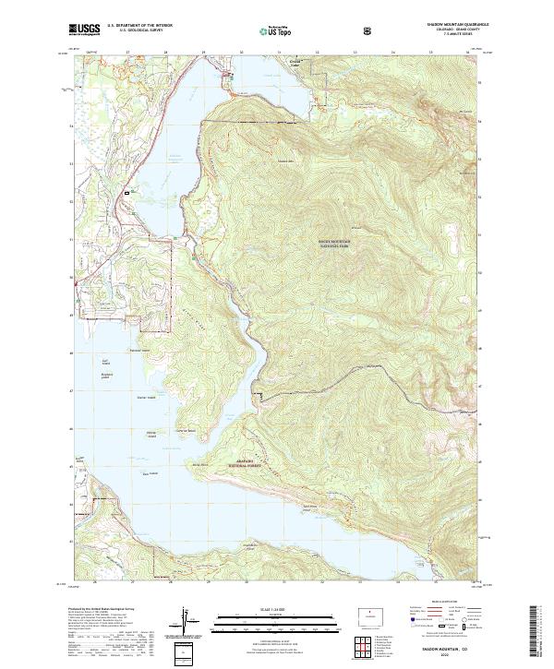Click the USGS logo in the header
[x=86, y=29]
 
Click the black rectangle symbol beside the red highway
[x=139, y=191]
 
